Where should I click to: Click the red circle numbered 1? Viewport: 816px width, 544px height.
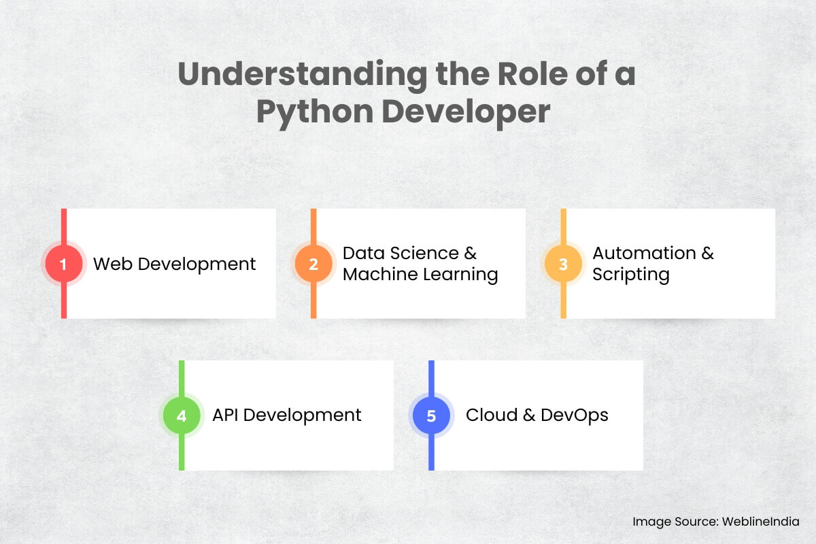point(64,264)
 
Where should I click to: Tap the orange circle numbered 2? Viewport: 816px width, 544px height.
point(313,264)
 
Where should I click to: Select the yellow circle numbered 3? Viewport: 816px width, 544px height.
point(563,264)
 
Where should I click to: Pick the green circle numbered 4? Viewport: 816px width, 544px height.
point(182,415)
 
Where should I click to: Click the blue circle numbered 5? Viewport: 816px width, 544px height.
point(431,415)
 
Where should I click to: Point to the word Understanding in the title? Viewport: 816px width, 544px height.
point(303,74)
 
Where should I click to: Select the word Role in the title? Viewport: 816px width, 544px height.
point(532,73)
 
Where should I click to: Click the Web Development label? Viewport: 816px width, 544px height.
point(174,264)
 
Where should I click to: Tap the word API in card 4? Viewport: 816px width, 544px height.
point(225,415)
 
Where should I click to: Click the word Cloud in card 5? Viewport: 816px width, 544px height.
point(492,415)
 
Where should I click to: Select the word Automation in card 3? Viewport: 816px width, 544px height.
point(644,253)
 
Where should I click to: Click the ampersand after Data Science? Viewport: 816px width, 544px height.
point(471,253)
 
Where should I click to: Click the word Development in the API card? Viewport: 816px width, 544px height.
point(302,415)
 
